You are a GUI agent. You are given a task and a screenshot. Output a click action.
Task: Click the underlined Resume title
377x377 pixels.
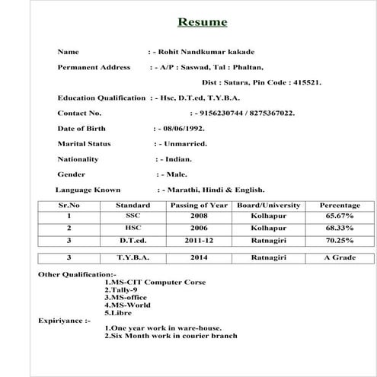click(202, 22)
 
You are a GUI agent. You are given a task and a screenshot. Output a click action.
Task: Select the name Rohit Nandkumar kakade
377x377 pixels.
click(203, 52)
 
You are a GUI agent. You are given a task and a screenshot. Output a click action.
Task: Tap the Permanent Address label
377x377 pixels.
click(94, 67)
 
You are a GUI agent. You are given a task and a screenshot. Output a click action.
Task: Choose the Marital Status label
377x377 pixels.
click(84, 143)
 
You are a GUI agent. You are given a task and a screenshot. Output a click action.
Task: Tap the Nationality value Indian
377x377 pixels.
click(177, 159)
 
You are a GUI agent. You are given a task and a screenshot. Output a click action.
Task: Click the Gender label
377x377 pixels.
click(72, 174)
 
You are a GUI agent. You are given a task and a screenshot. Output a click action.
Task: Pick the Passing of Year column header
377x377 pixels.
click(199, 205)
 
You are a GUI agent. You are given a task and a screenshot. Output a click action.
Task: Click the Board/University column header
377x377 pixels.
click(268, 205)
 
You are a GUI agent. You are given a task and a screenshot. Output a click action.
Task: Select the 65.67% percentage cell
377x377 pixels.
click(340, 216)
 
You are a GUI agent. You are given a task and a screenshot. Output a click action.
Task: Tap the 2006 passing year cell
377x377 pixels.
click(199, 228)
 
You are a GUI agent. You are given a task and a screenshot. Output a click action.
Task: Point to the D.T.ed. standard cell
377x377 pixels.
click(133, 240)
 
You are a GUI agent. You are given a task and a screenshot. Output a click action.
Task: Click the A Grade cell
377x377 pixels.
click(340, 257)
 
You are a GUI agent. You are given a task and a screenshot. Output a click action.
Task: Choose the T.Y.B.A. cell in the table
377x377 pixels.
click(133, 257)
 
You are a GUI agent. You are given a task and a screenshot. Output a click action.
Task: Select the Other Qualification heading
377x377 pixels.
click(77, 273)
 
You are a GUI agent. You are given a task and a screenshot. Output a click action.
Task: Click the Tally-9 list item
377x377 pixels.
click(120, 289)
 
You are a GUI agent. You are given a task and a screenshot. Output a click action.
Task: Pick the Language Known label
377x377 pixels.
click(88, 190)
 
